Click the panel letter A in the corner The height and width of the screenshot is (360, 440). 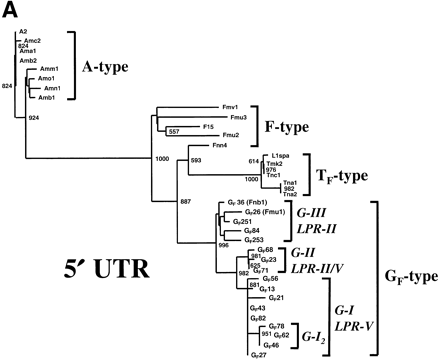(x=9, y=9)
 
